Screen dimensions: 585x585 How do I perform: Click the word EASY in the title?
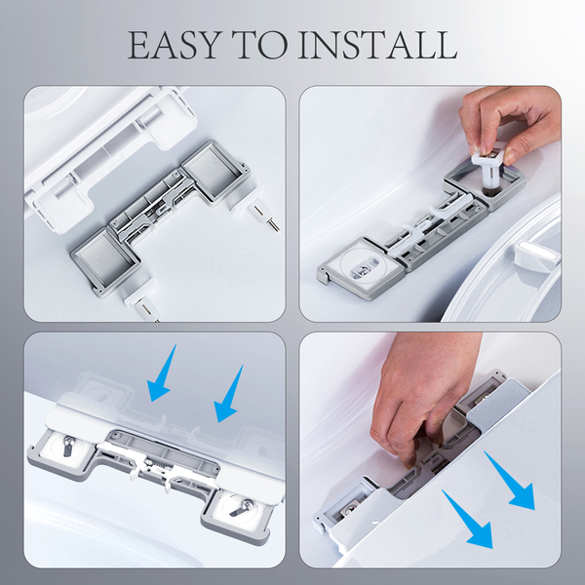[x=174, y=45]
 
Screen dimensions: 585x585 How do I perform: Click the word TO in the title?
[x=259, y=45]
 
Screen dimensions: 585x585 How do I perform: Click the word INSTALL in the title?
[x=378, y=45]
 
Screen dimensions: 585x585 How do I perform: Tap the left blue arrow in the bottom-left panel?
[x=161, y=373]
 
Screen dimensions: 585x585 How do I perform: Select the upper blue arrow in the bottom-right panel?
[x=510, y=481]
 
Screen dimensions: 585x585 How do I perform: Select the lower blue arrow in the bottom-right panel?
[x=467, y=520]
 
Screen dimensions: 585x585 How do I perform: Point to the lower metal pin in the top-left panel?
[x=146, y=308]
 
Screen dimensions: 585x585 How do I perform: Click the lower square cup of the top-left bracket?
[x=106, y=262]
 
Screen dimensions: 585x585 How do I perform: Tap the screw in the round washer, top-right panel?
[x=362, y=269]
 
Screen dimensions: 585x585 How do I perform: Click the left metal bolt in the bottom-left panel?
[x=68, y=446]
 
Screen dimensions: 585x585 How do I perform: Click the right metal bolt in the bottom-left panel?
[x=241, y=508]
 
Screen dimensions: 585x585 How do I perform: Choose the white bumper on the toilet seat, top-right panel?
[x=535, y=253]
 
